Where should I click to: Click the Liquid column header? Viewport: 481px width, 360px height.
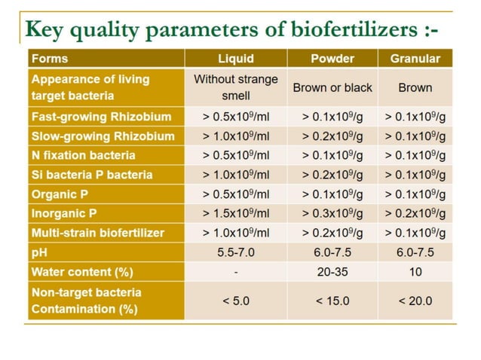pyautogui.click(x=235, y=59)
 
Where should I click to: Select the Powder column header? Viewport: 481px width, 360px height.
pyautogui.click(x=332, y=59)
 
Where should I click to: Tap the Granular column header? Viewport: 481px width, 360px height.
pyautogui.click(x=415, y=59)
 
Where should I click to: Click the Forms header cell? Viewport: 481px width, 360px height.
pyautogui.click(x=50, y=59)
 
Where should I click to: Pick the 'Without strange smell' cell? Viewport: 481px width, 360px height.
pyautogui.click(x=235, y=87)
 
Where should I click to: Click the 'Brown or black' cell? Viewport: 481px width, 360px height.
pyautogui.click(x=332, y=87)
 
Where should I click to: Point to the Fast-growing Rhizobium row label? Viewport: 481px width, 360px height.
pyautogui.click(x=101, y=117)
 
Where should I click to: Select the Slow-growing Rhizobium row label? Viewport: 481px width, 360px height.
pyautogui.click(x=103, y=136)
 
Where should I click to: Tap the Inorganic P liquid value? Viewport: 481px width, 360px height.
pyautogui.click(x=235, y=213)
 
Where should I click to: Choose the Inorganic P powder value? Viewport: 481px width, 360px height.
pyautogui.click(x=332, y=213)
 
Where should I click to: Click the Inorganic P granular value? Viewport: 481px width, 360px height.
pyautogui.click(x=415, y=213)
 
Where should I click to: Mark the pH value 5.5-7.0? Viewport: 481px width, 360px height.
pyautogui.click(x=235, y=252)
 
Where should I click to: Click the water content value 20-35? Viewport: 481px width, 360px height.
pyautogui.click(x=332, y=271)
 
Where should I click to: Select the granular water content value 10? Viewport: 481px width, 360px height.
pyautogui.click(x=415, y=271)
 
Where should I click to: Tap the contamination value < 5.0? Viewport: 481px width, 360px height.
pyautogui.click(x=235, y=301)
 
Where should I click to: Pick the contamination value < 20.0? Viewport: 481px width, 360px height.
pyautogui.click(x=415, y=301)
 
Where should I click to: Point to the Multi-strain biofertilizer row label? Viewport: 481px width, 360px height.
pyautogui.click(x=97, y=233)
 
